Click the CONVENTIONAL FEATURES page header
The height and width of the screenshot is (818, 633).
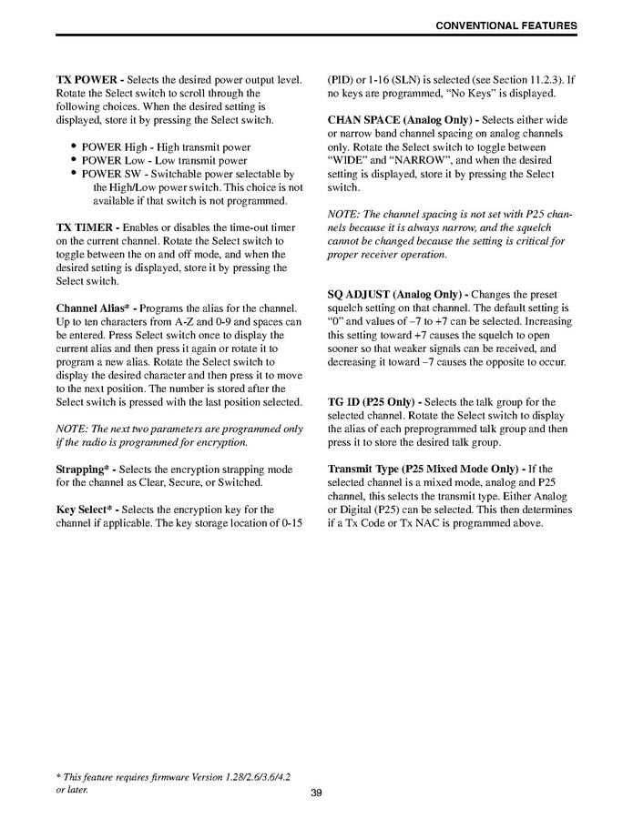(505, 25)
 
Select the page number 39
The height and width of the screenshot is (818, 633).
(316, 793)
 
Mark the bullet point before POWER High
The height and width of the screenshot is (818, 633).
(73, 146)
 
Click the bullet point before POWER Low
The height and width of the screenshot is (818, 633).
(73, 160)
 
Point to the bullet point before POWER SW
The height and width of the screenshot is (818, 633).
(73, 173)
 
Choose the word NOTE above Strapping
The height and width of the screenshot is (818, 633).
(71, 429)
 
